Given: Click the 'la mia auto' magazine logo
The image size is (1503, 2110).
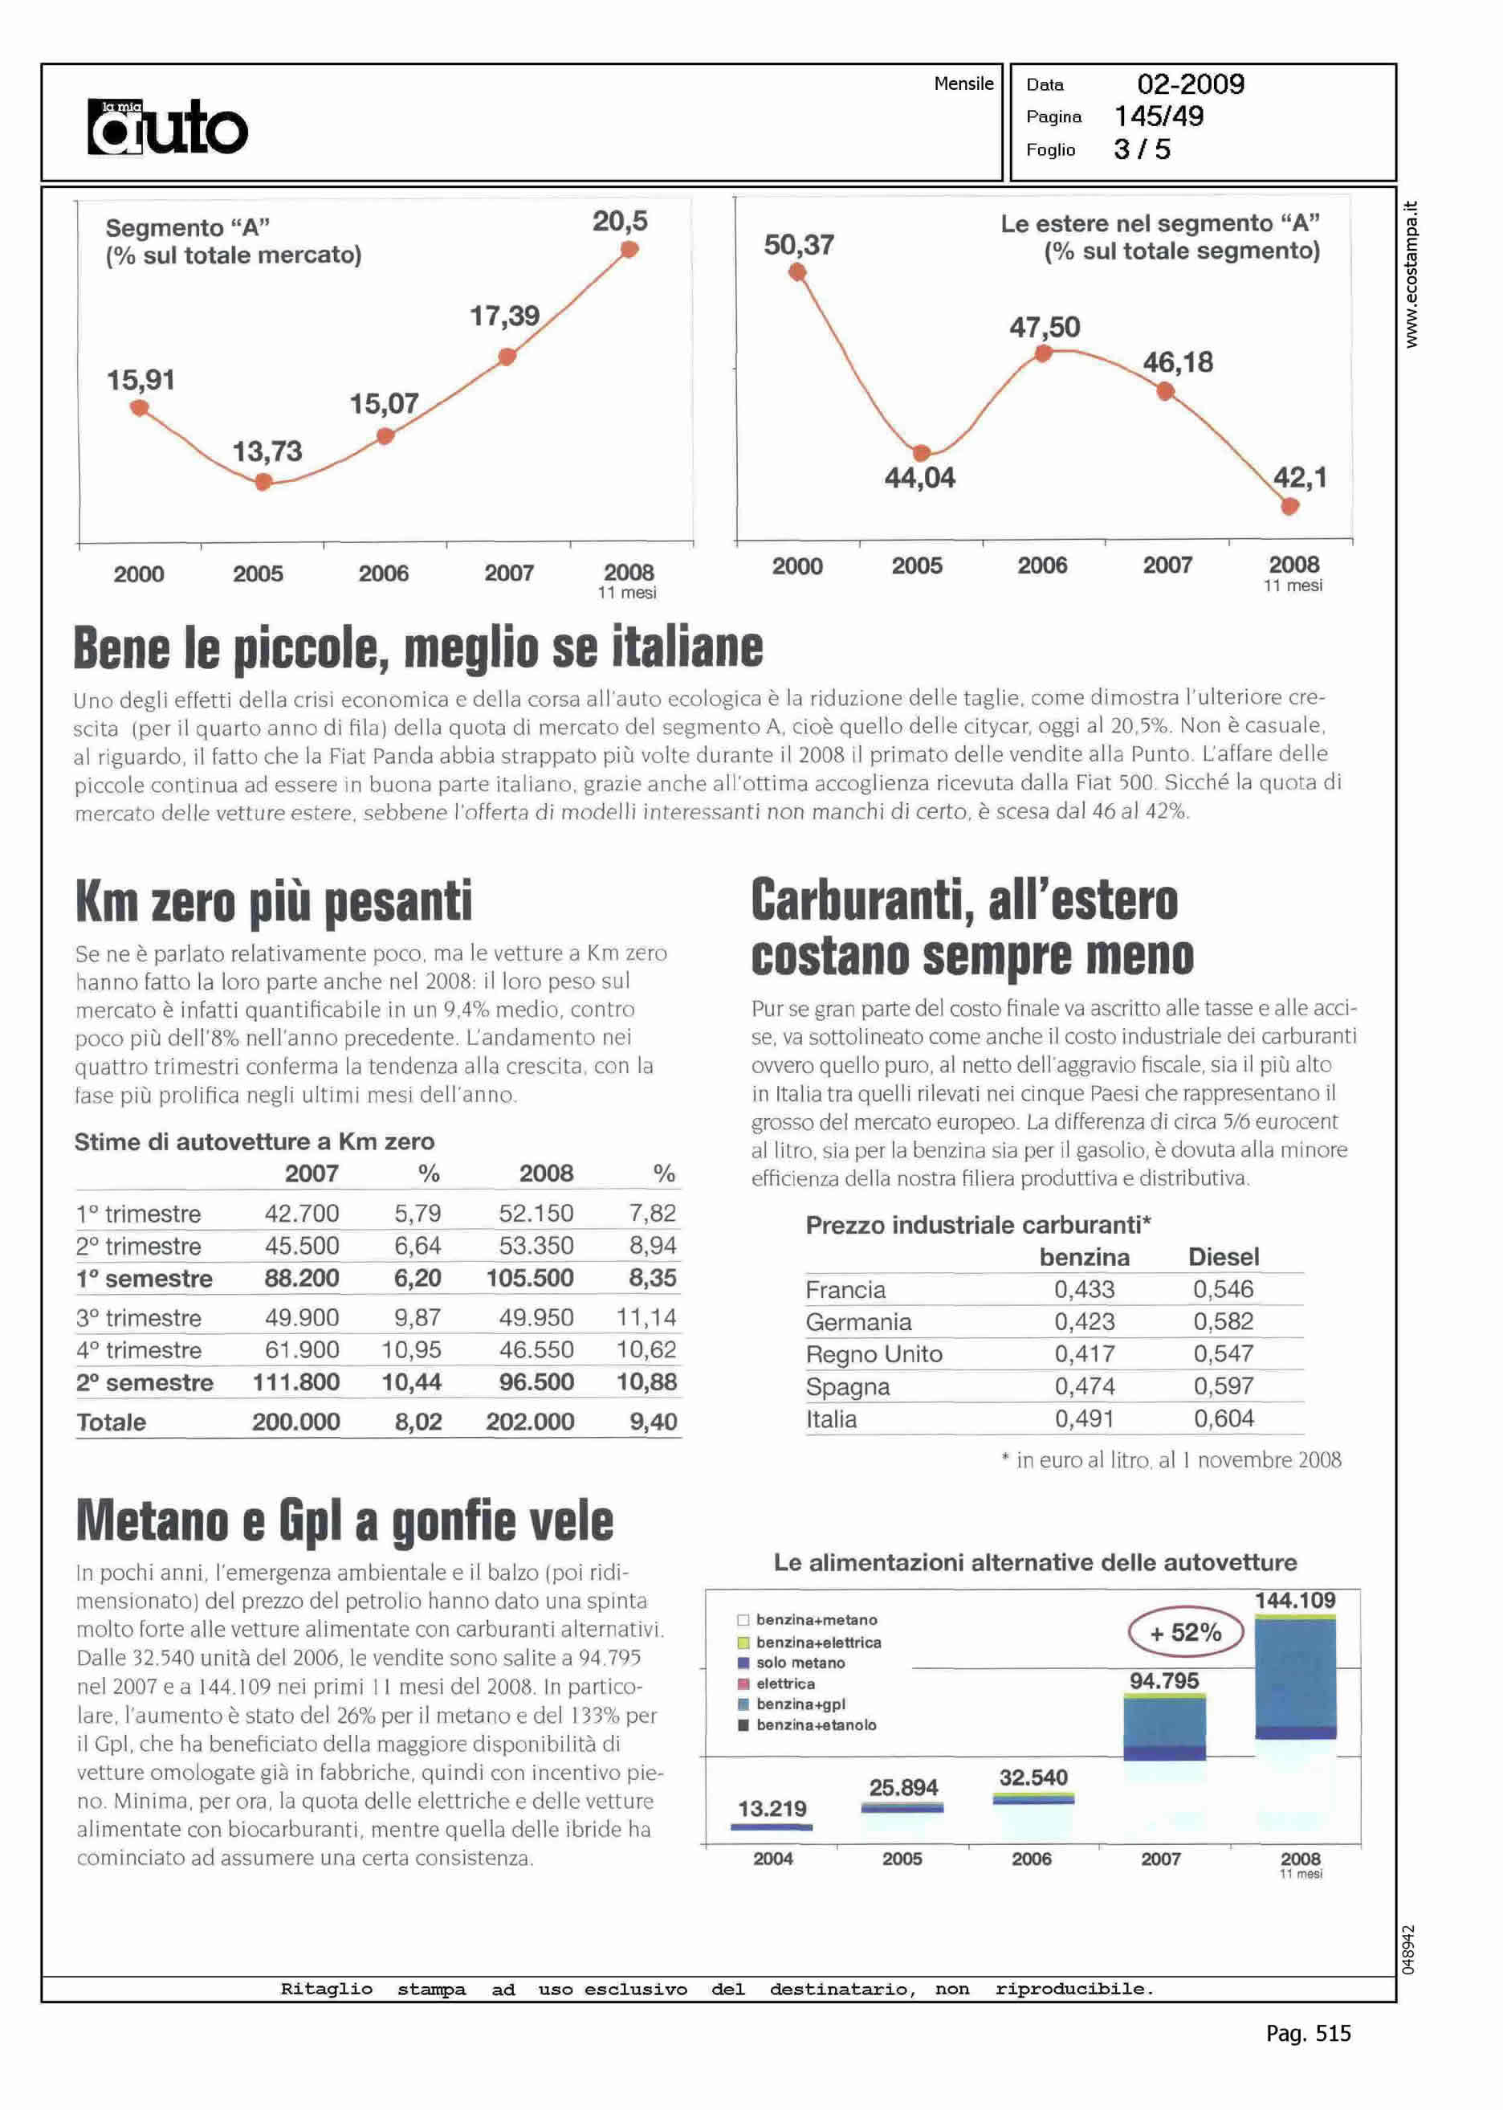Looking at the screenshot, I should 168,126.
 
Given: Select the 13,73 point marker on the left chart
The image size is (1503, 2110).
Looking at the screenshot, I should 264,481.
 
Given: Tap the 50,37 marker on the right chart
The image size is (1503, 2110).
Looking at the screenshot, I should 796,272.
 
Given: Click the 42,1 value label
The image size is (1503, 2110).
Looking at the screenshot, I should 1299,478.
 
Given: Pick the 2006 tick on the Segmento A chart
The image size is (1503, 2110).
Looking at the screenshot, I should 383,574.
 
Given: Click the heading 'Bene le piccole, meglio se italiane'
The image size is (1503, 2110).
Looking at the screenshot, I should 418,648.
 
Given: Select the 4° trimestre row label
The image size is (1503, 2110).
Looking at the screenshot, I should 139,1350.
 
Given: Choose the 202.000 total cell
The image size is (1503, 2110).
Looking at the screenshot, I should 531,1422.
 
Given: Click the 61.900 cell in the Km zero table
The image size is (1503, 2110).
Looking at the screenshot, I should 302,1350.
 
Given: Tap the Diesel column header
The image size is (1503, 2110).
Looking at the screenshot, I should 1224,1257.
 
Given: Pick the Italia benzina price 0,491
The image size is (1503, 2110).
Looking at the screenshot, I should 1084,1419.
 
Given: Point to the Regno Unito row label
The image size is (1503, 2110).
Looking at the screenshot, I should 874,1354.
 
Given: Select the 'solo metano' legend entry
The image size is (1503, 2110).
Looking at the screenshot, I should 800,1663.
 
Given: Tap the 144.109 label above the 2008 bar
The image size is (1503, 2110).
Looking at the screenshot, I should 1295,1600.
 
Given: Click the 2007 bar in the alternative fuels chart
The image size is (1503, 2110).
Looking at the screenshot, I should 1164,1727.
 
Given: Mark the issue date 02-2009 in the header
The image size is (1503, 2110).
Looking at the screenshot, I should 1190,84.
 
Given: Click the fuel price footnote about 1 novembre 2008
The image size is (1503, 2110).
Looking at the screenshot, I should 1171,1461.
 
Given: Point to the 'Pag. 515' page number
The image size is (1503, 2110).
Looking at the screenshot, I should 1308,2033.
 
